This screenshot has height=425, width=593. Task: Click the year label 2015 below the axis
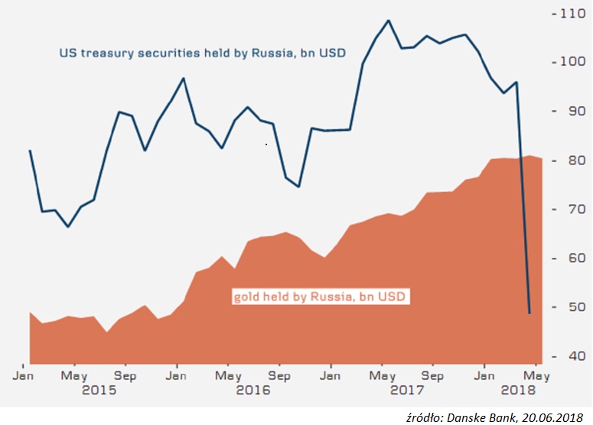tap(99, 390)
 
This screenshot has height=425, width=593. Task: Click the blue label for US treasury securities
tap(202, 54)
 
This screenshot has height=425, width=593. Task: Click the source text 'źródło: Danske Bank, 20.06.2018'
tap(499, 414)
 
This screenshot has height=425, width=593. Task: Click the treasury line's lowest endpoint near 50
tap(529, 313)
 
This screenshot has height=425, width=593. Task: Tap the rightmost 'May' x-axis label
tap(537, 376)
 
